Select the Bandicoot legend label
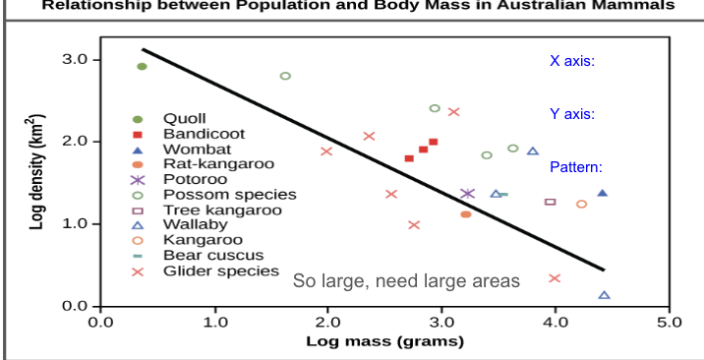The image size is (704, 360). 190,134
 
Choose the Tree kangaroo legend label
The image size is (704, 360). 207,210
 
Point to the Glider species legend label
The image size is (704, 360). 206,270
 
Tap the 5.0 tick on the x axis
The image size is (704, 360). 669,322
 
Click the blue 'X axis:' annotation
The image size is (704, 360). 572,61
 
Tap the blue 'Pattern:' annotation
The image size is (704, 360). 576,167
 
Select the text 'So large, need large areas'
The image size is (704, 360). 406,282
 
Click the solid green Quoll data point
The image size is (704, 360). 142,67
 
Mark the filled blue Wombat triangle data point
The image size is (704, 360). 602,193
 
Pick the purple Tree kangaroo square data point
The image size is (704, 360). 550,202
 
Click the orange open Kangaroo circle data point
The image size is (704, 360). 581,204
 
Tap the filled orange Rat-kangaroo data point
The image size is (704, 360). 466,213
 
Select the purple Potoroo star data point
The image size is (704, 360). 468,194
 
